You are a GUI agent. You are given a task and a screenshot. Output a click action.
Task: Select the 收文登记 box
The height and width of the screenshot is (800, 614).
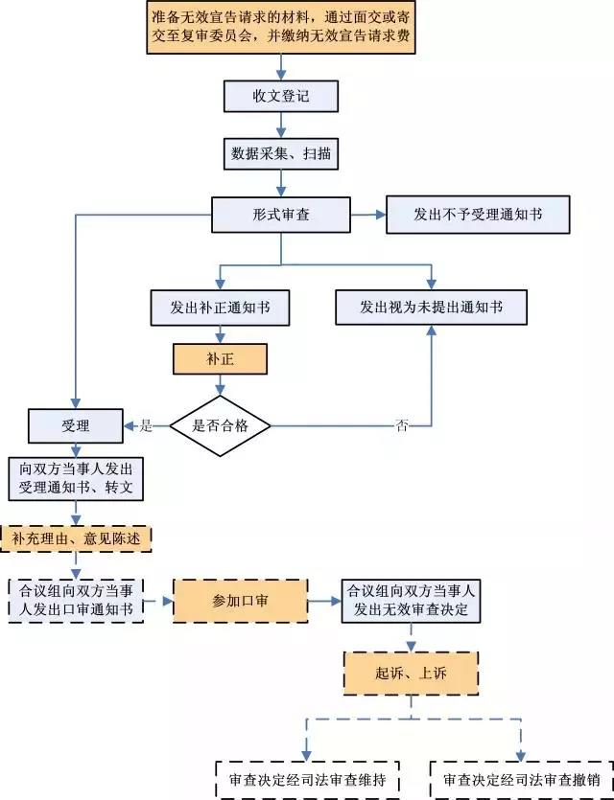[x=280, y=96]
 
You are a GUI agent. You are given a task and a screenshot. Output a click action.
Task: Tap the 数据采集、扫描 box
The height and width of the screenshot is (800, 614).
[x=280, y=152]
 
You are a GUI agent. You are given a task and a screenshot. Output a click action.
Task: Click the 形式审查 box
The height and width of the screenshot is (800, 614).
[x=280, y=215]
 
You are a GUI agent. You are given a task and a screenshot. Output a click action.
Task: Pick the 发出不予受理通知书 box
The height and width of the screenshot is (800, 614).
[x=478, y=215]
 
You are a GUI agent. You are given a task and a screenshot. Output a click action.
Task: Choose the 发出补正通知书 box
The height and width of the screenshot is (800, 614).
[x=220, y=308]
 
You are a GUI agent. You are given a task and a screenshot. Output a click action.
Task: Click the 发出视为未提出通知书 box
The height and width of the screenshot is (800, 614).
[x=431, y=307]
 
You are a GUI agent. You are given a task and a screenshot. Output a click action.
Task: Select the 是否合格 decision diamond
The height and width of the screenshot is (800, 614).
[x=221, y=425]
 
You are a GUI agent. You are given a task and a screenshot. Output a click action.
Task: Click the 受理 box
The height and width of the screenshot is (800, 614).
[x=75, y=425]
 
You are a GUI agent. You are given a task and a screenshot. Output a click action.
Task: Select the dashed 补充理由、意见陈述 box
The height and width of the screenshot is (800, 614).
[x=77, y=538]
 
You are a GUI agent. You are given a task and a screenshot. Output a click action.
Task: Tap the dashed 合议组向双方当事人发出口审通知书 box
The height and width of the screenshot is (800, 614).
[x=75, y=601]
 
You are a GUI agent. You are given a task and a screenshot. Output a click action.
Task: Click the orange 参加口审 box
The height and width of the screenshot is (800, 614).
[x=240, y=601]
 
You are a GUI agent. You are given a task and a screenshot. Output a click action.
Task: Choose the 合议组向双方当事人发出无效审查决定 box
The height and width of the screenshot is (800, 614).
[x=411, y=601]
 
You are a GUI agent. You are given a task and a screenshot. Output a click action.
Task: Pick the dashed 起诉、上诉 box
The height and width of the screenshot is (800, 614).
[x=411, y=674]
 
